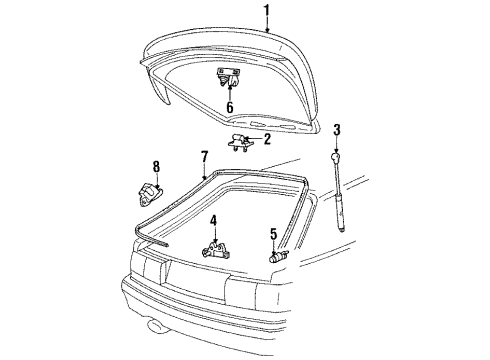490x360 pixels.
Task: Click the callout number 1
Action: click(267, 11)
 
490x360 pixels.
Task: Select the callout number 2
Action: click(267, 139)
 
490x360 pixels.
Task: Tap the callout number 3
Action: click(337, 130)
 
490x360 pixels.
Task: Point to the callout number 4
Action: click(213, 221)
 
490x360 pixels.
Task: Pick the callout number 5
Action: click(273, 234)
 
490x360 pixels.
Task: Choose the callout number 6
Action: click(230, 107)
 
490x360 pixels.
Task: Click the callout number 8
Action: click(156, 167)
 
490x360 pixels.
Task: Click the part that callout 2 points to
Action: click(240, 142)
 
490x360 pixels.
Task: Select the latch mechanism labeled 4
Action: click(216, 250)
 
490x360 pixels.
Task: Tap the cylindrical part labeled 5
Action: click(278, 257)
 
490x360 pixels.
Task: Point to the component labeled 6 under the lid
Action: click(228, 77)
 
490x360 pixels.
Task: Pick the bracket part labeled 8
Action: click(150, 194)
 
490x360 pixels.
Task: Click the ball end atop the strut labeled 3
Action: click(335, 158)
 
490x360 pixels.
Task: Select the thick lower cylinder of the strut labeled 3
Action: click(340, 211)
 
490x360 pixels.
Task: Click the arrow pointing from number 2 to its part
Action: click(253, 138)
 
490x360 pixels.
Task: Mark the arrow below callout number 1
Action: click(267, 25)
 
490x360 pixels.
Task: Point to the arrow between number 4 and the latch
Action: click(215, 235)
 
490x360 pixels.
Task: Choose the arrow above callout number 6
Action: click(230, 93)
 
